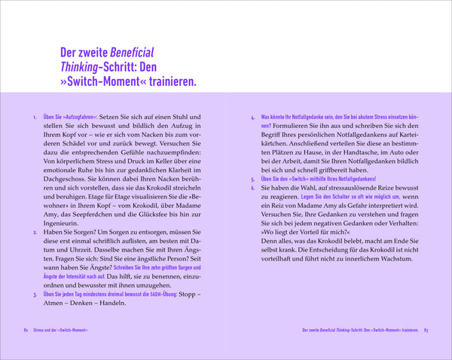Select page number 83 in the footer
pos(426,330)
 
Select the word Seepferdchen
pos(89,212)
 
